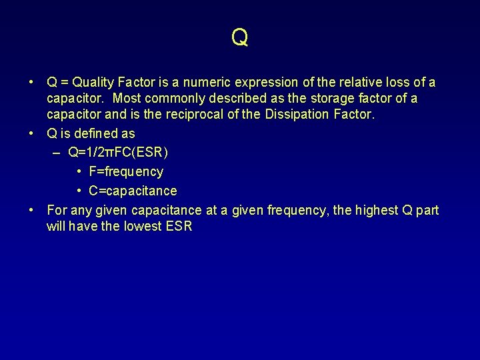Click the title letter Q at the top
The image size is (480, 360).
tap(240, 37)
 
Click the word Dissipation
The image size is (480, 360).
tap(297, 114)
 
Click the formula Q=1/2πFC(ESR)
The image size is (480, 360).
tap(118, 152)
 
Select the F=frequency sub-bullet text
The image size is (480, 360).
tap(126, 171)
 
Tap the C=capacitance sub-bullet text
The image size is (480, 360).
tap(133, 191)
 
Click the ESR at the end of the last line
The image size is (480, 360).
tap(179, 226)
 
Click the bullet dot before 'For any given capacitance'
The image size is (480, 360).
tap(31, 211)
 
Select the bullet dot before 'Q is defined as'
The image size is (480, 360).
tap(31, 133)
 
